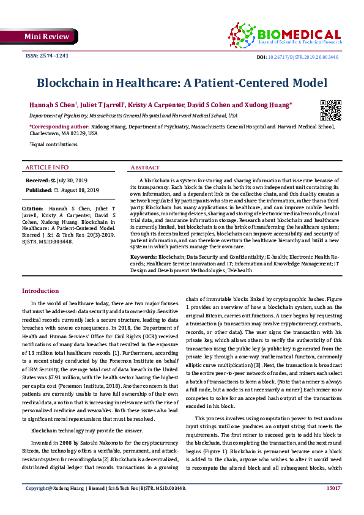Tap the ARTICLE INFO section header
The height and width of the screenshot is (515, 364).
tap(46, 167)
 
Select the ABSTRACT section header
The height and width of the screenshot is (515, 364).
tap(145, 167)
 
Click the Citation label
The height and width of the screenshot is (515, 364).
tap(34, 209)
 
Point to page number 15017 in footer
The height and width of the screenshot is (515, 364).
tap(333, 505)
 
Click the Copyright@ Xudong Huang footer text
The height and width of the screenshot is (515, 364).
tap(53, 505)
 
